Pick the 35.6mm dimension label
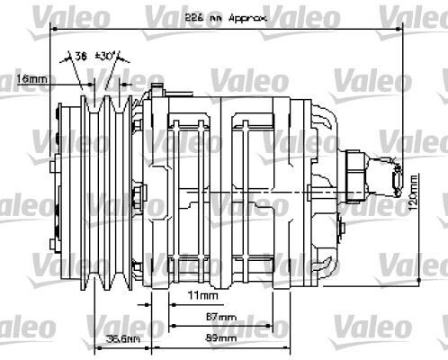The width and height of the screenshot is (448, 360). coord(122,338)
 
